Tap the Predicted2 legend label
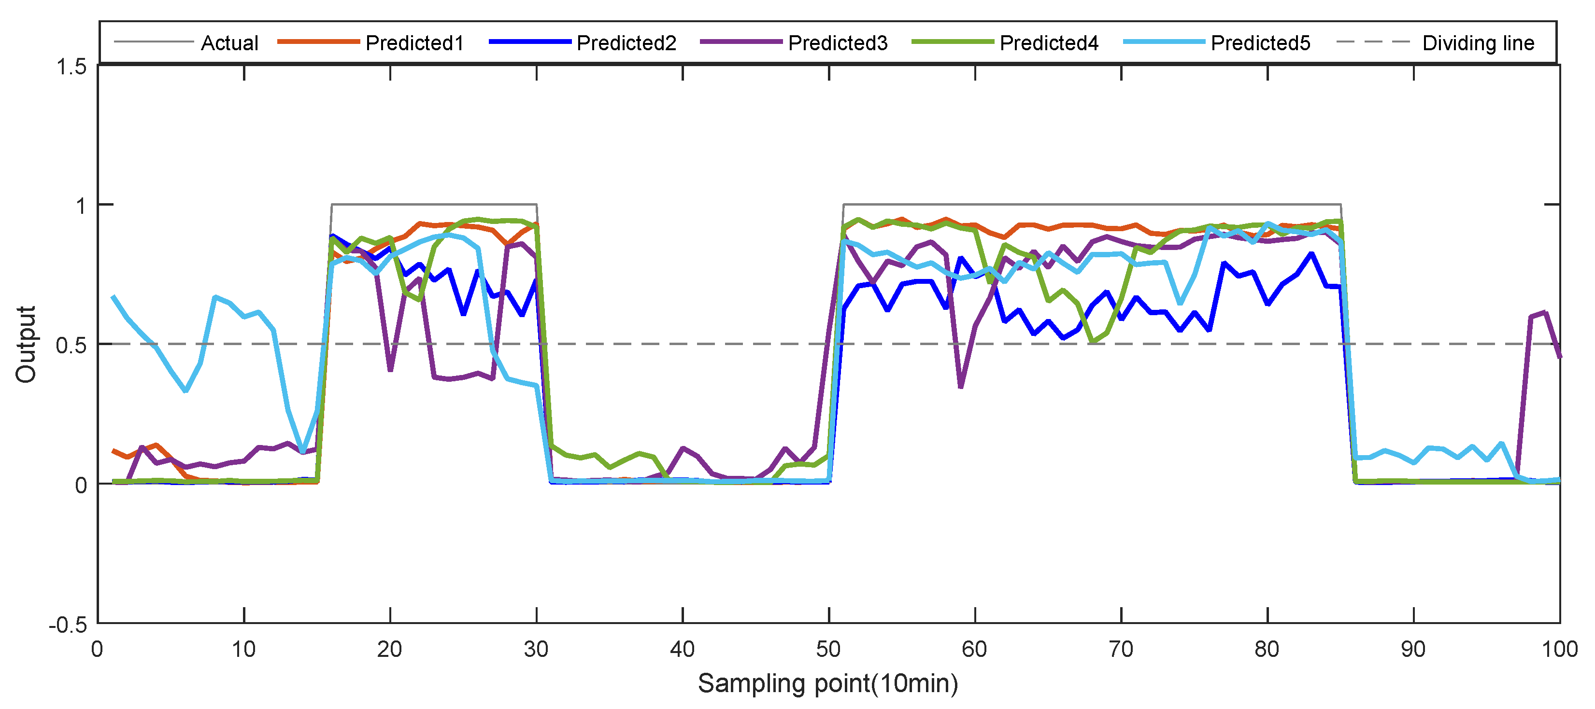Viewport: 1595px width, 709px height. click(626, 42)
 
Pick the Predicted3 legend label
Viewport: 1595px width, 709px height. click(837, 42)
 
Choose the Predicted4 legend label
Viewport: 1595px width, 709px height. click(1049, 42)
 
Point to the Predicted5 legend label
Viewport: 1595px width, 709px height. click(1260, 42)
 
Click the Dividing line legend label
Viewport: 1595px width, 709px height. click(1478, 42)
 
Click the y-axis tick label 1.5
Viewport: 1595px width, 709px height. click(71, 67)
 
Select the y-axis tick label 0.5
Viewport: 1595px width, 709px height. click(71, 345)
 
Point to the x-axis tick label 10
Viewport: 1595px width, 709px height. click(243, 650)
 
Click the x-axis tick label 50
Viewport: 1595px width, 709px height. click(828, 650)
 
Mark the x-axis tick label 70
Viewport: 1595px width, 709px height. click(1121, 650)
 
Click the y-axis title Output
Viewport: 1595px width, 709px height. click(26, 344)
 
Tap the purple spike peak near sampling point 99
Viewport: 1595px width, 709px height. click(1545, 312)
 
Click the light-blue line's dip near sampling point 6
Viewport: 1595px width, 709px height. click(186, 390)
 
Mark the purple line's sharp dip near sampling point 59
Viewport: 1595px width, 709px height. click(960, 387)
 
